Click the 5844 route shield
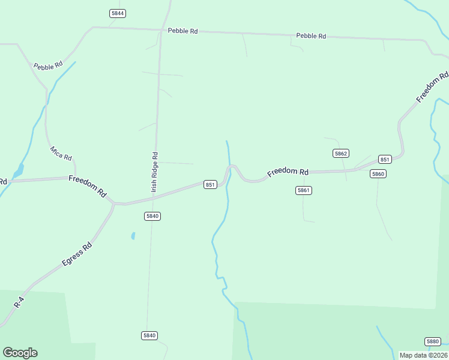point(118,13)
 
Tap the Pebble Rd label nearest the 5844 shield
point(182,31)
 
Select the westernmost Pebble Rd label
point(48,66)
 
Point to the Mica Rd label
point(61,153)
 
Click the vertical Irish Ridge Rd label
point(155,172)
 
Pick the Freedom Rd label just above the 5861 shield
point(288,172)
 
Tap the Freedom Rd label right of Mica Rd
point(88,186)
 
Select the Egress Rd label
point(77,254)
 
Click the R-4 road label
point(19,301)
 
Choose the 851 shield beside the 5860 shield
point(385,159)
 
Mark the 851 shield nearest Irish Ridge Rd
point(210,185)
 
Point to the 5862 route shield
point(341,154)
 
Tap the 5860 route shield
point(378,174)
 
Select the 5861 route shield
point(304,190)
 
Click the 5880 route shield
point(433,341)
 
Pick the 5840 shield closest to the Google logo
point(149,335)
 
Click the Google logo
point(20,353)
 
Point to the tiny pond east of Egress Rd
point(133,236)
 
